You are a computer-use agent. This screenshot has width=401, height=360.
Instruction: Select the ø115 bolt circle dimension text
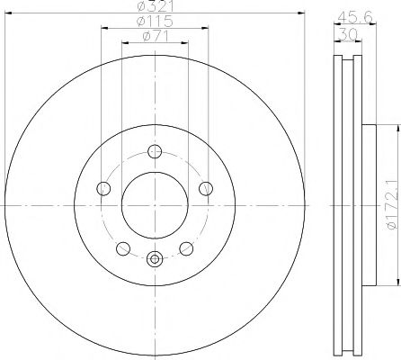point(155,22)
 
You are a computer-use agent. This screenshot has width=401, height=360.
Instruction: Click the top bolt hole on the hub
point(155,152)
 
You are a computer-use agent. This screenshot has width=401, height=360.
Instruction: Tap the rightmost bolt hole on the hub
point(206,188)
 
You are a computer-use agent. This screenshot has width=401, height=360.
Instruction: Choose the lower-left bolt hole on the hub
point(124,248)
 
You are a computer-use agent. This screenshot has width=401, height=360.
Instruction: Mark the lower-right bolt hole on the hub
point(186,248)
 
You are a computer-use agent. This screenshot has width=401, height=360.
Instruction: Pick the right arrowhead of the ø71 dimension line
point(185,42)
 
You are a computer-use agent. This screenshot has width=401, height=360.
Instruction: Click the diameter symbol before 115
point(142,22)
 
